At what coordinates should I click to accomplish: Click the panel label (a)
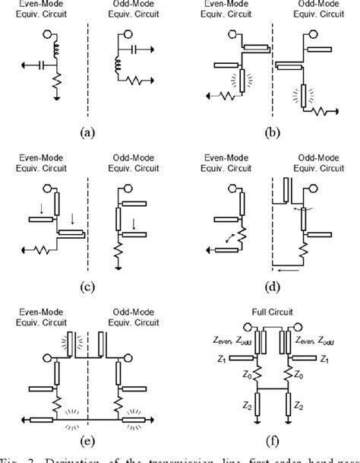coord(90,131)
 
